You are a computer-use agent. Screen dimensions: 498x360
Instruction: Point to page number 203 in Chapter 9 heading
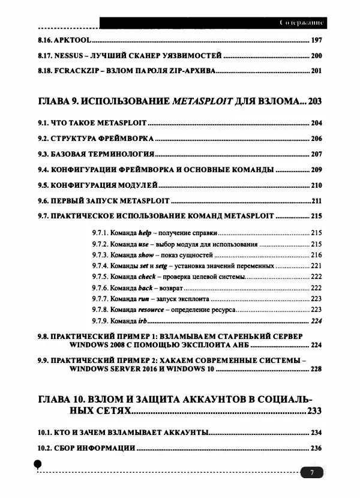point(314,101)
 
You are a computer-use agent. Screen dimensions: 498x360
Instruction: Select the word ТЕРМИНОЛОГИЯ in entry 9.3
point(125,154)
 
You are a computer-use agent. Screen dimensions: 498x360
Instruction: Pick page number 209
point(316,169)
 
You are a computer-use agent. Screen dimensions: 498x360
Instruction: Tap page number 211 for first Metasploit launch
point(317,200)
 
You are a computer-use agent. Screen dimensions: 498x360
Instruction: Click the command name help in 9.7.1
point(145,233)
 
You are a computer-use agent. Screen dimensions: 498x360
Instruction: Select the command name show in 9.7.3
point(146,254)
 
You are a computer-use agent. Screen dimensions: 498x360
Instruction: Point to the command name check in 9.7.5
point(147,277)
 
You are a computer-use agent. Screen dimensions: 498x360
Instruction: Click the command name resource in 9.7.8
point(151,310)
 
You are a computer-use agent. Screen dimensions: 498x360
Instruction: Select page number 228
point(316,369)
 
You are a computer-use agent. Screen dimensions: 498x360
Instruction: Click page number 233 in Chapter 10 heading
point(314,410)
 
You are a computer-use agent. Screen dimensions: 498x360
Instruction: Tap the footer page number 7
point(312,473)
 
